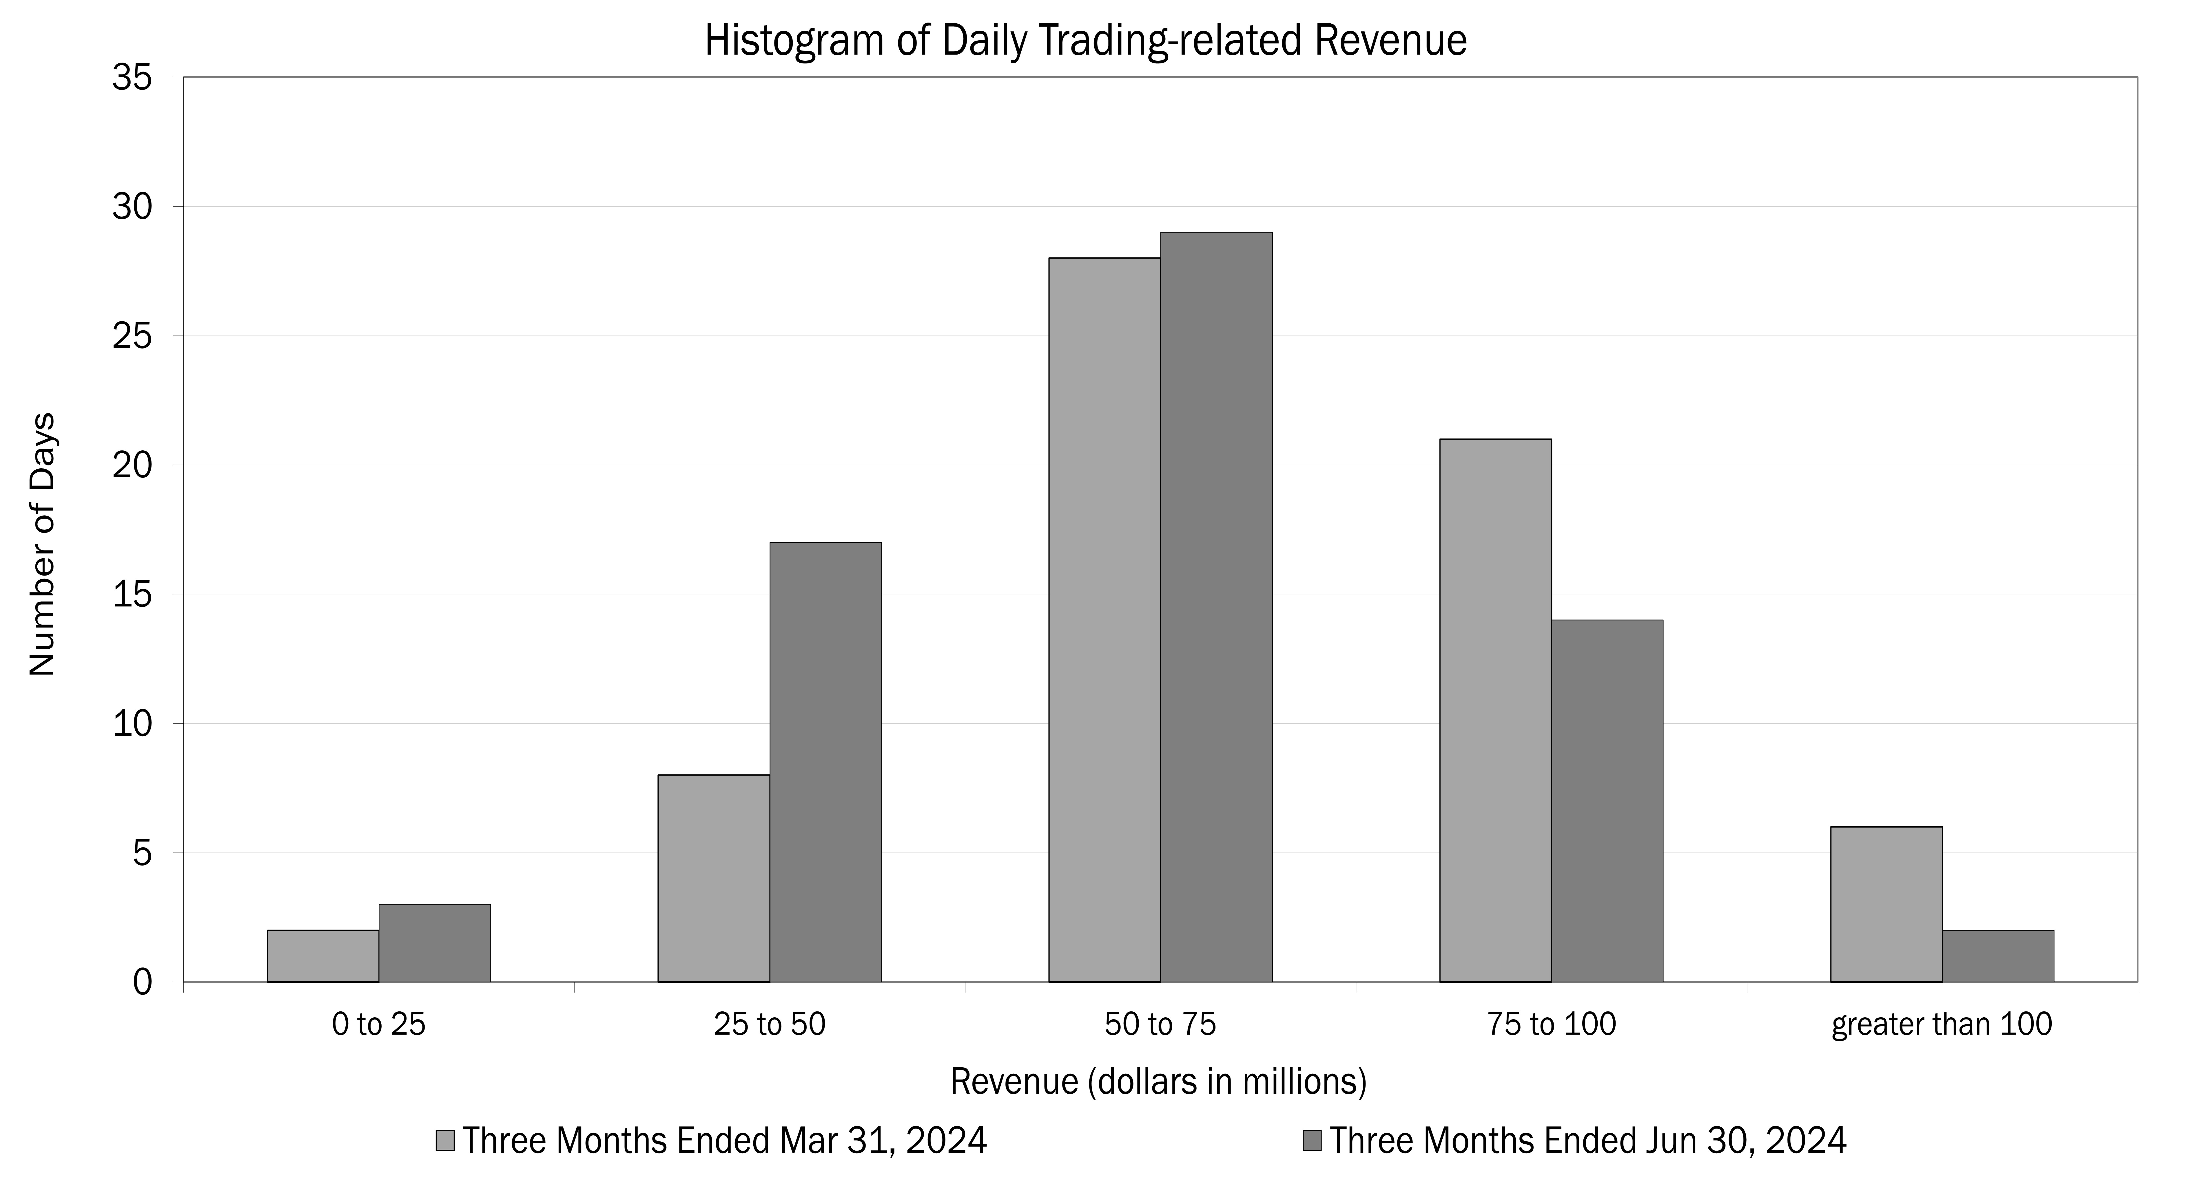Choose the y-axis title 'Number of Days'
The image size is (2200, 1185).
[x=42, y=544]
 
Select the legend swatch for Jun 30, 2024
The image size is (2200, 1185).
[x=1313, y=1141]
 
